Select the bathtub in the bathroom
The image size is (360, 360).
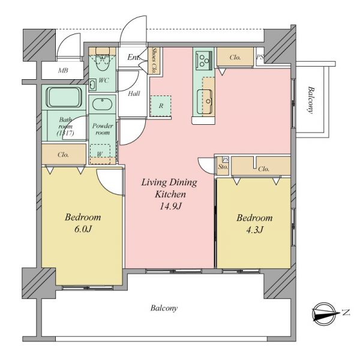click(64, 97)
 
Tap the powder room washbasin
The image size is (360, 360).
click(102, 104)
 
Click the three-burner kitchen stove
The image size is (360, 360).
click(203, 61)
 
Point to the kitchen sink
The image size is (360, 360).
click(205, 101)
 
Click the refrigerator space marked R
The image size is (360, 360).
click(161, 106)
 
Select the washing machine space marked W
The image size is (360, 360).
click(100, 154)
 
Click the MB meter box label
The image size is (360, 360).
click(63, 70)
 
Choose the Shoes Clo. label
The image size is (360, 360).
click(154, 60)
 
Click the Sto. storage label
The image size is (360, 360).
click(223, 167)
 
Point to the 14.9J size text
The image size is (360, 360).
click(170, 206)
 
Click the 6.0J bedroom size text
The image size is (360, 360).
click(83, 229)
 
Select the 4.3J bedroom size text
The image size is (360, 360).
click(254, 229)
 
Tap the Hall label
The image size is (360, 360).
click(134, 94)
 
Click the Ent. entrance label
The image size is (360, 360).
click(134, 57)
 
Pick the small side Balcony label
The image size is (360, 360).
click(311, 100)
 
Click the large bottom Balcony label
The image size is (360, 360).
click(164, 308)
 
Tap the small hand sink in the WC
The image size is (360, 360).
click(92, 85)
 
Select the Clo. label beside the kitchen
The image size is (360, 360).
click(235, 58)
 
